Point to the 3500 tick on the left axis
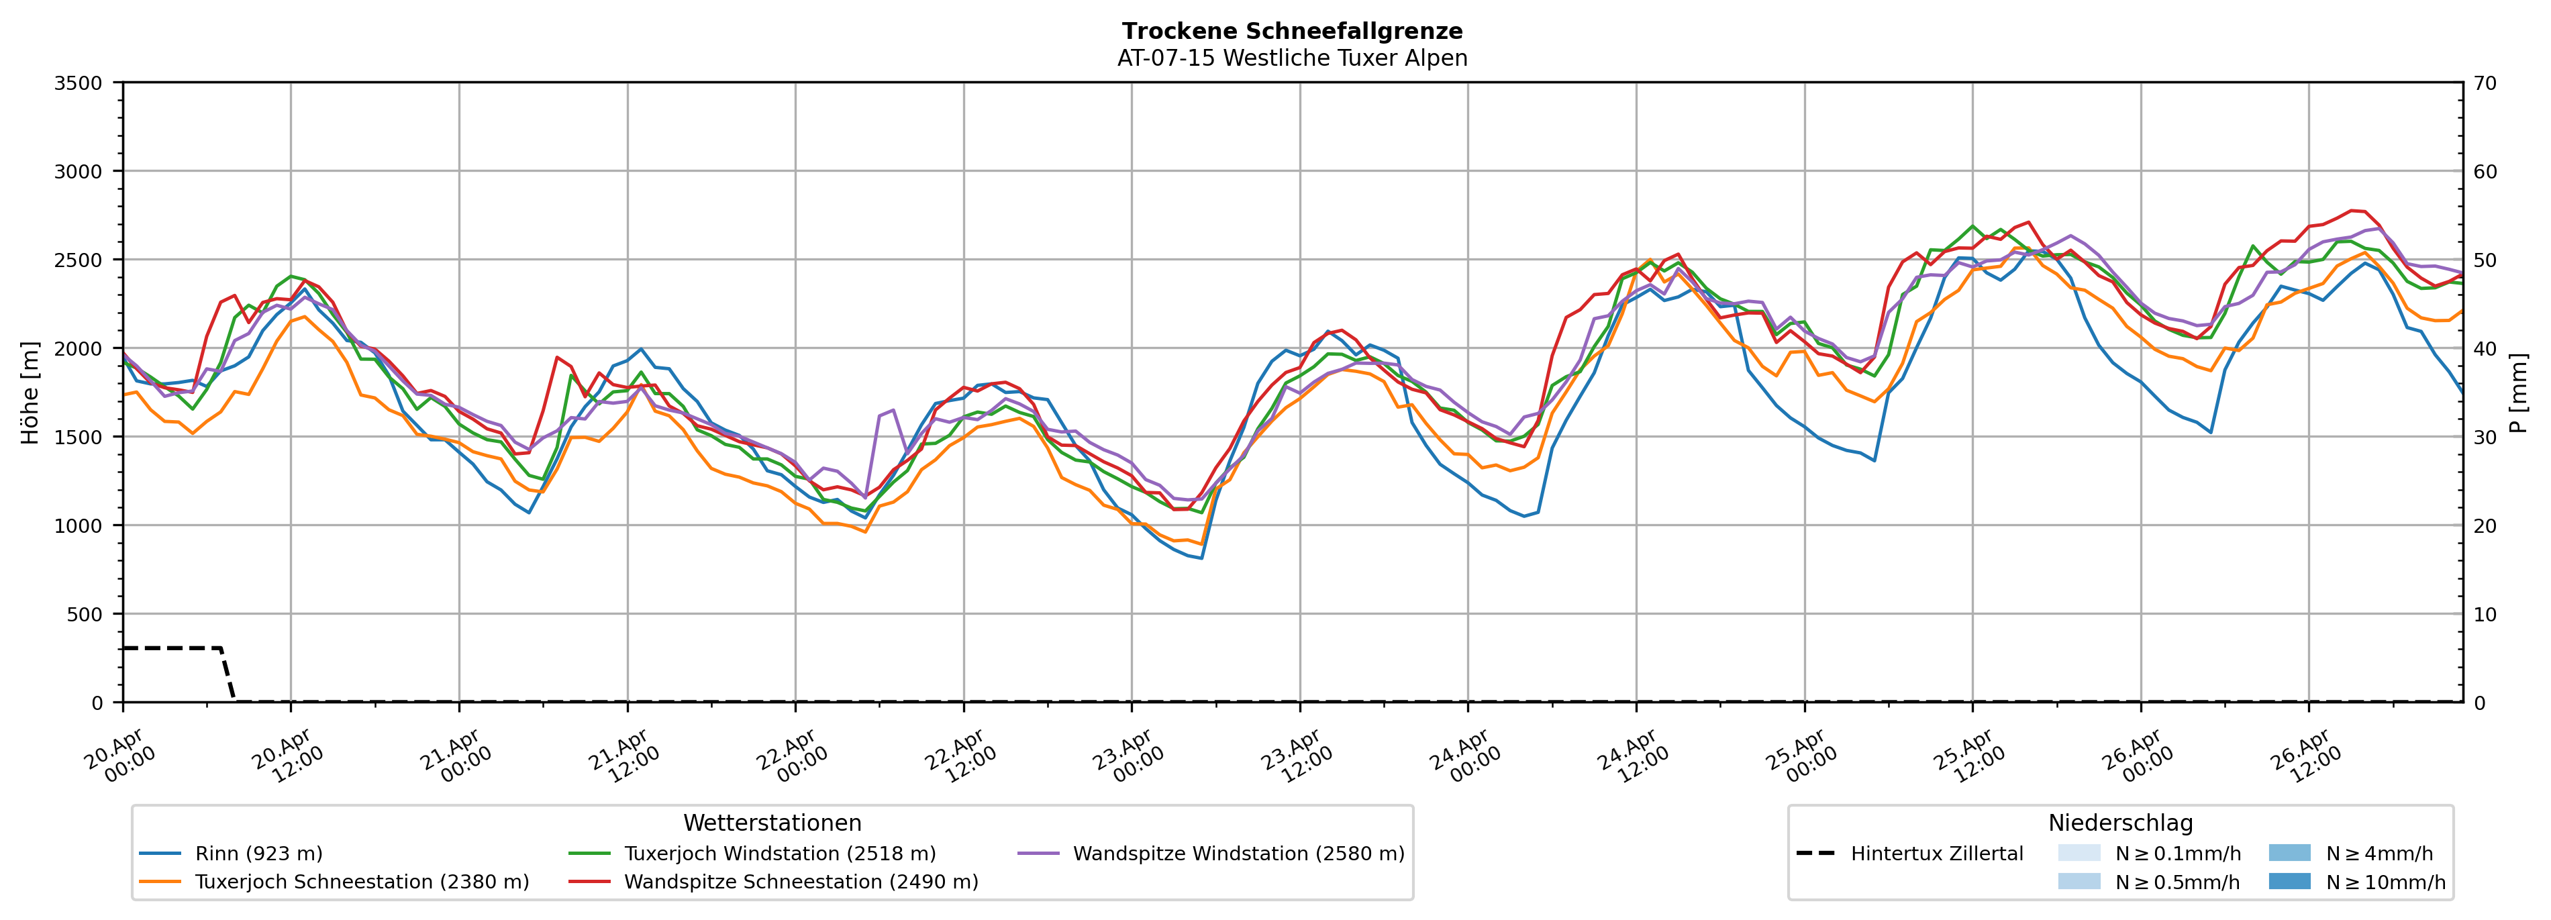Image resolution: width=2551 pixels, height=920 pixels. (x=79, y=83)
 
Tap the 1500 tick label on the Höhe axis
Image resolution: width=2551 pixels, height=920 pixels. (x=79, y=438)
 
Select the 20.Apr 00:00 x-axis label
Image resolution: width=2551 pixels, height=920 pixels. (x=120, y=758)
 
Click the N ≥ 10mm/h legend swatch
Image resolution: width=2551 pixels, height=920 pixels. (x=2289, y=881)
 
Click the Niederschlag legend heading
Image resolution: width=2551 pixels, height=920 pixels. (x=2119, y=823)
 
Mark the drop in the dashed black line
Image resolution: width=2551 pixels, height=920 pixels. (x=228, y=674)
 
